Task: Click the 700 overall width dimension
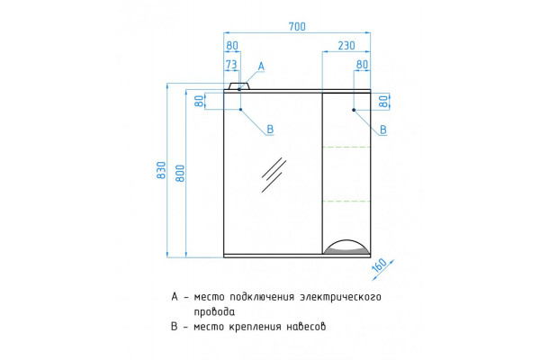[297, 26]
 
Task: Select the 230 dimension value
[346, 46]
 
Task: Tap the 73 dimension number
[231, 65]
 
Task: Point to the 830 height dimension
[161, 170]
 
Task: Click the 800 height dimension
[180, 174]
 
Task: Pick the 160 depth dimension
[380, 265]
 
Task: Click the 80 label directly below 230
[362, 65]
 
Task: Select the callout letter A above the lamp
[261, 66]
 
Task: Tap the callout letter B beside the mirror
[270, 130]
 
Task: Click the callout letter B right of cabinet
[383, 130]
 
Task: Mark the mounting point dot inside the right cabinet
[354, 110]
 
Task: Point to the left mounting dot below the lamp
[240, 110]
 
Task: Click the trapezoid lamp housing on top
[239, 86]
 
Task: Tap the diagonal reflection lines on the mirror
[274, 175]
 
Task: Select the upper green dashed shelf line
[346, 147]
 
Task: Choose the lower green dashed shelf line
[346, 202]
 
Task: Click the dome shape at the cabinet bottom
[346, 247]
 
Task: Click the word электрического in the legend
[340, 297]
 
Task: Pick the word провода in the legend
[214, 311]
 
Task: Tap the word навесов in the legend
[306, 326]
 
